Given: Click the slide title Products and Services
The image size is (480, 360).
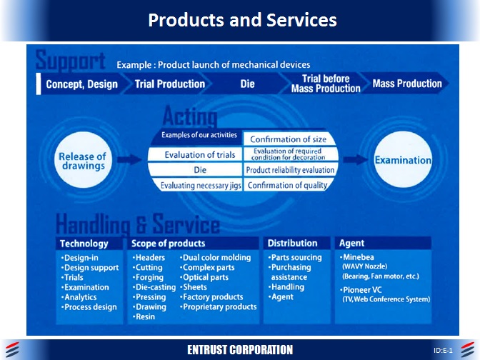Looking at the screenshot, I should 242,20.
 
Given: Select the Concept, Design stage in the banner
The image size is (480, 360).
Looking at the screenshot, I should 82,84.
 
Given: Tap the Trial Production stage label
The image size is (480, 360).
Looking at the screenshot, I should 170,84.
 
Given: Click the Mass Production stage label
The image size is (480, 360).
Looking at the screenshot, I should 407,84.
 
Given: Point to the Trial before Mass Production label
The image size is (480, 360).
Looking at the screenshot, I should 326,84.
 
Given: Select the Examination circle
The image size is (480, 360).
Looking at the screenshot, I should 403,160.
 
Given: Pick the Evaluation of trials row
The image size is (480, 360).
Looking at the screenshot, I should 199,155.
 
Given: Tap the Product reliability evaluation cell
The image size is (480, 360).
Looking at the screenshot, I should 290,170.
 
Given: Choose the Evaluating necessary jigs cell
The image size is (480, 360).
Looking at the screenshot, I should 201,186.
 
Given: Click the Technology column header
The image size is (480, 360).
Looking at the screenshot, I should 84,244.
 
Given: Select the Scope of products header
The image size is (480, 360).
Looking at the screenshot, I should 164,244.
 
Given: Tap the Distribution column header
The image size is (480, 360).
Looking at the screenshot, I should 293,244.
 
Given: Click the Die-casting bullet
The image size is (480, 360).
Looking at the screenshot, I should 154,287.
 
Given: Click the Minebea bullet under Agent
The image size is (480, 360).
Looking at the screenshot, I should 361,257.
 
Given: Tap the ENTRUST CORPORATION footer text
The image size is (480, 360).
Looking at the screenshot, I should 240,350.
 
